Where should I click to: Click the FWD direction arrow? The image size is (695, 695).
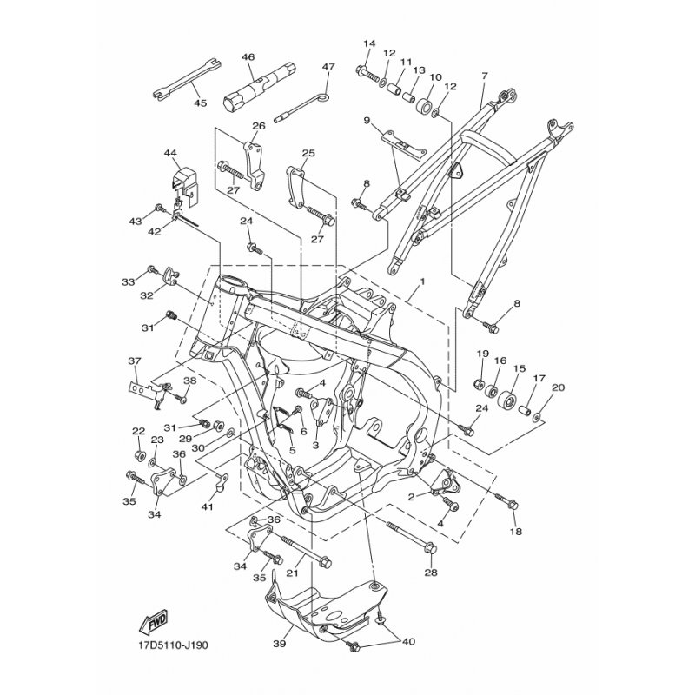pos(154,621)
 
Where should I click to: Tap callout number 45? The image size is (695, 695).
pos(200,103)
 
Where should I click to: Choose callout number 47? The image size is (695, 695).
pos(328,67)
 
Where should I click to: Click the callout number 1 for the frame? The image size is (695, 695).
pos(423,282)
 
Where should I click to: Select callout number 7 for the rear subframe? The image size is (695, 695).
pos(484,76)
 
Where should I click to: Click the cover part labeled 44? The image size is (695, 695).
pos(180,182)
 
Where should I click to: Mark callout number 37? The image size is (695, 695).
pos(134,361)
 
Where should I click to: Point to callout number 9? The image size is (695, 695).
pos(367,120)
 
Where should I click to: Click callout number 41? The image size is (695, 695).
pos(206,506)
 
